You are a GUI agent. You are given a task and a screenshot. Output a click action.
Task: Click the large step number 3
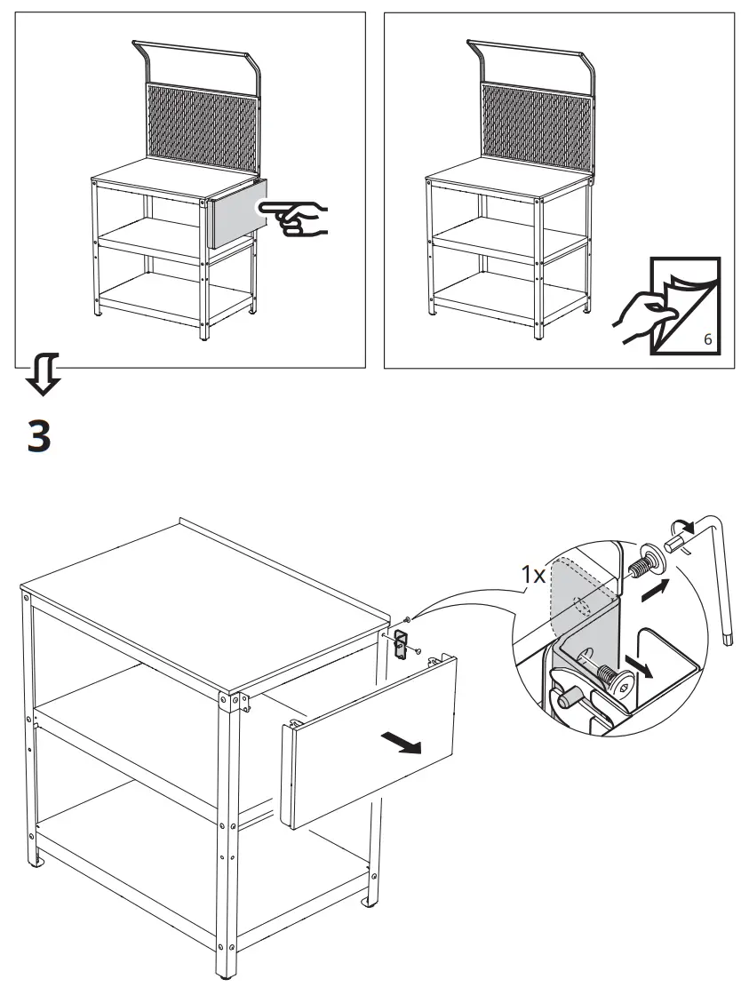coord(39,437)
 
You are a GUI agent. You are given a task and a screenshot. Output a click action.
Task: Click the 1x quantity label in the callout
coord(533,575)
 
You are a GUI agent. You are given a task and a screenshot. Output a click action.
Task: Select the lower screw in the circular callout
coord(615,678)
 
